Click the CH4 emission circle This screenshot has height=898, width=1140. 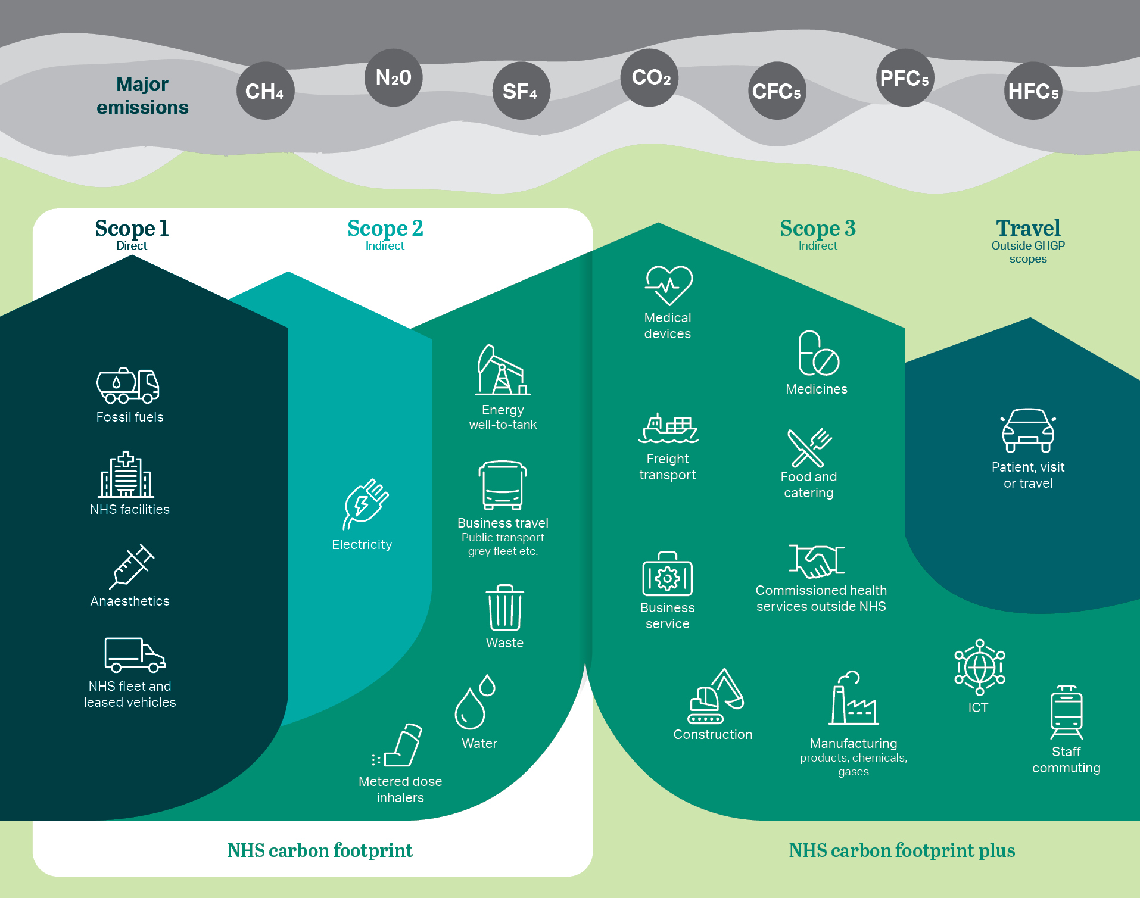click(x=265, y=91)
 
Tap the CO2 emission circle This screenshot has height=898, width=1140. click(x=649, y=77)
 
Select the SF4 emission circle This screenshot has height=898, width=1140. click(x=521, y=91)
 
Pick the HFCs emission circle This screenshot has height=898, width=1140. click(x=1033, y=91)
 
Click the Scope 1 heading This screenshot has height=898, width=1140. click(x=132, y=229)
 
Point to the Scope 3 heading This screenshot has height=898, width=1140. click(x=817, y=229)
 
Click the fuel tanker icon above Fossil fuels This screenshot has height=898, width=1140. click(x=128, y=386)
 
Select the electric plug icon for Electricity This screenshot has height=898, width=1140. click(x=365, y=504)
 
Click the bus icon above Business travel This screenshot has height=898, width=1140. click(x=503, y=485)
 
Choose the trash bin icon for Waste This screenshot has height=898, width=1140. click(x=504, y=607)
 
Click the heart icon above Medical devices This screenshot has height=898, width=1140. click(x=668, y=285)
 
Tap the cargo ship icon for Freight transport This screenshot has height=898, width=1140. click(x=668, y=429)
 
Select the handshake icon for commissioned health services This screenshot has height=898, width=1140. click(x=817, y=561)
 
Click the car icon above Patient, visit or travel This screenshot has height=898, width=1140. click(x=1028, y=430)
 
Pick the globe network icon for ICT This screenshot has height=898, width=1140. click(x=980, y=667)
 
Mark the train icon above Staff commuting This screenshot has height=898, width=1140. click(x=1066, y=712)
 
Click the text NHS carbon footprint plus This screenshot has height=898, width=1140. click(x=902, y=850)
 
